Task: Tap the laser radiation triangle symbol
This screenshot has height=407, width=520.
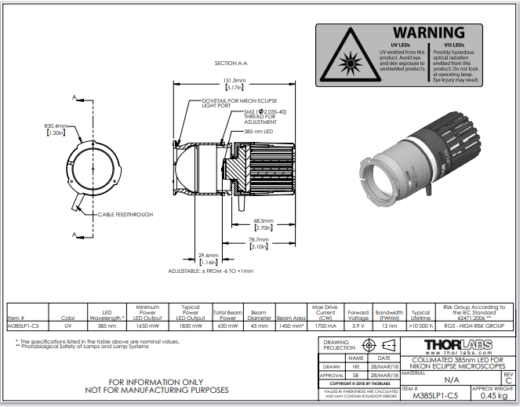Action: (x=345, y=60)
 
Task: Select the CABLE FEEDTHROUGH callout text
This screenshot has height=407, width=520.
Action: (x=125, y=214)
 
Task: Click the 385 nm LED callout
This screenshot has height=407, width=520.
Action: (x=257, y=132)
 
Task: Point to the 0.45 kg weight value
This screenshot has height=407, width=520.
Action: (x=490, y=396)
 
